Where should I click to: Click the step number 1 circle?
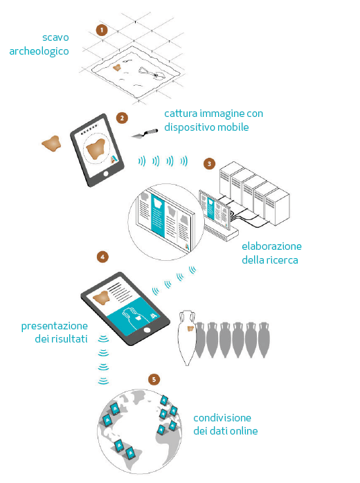[x=102, y=30]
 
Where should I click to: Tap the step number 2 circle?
[x=122, y=118]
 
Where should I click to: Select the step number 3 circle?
[x=209, y=163]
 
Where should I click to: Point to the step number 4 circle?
[x=102, y=257]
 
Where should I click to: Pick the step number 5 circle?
[x=154, y=379]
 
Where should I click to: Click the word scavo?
[x=55, y=37]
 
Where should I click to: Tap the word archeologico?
[x=39, y=51]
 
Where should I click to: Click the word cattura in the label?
[x=181, y=113]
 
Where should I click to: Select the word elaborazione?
[x=271, y=246]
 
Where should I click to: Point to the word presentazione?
[x=55, y=326]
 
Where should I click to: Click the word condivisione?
[x=222, y=418]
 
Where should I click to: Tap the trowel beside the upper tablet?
[x=145, y=134]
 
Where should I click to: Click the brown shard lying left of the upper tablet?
[x=51, y=143]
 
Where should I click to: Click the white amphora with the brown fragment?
[x=188, y=337]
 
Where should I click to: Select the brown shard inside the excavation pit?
[x=116, y=67]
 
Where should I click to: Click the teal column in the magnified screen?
[x=157, y=216]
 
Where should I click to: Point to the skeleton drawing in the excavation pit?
[x=152, y=73]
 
